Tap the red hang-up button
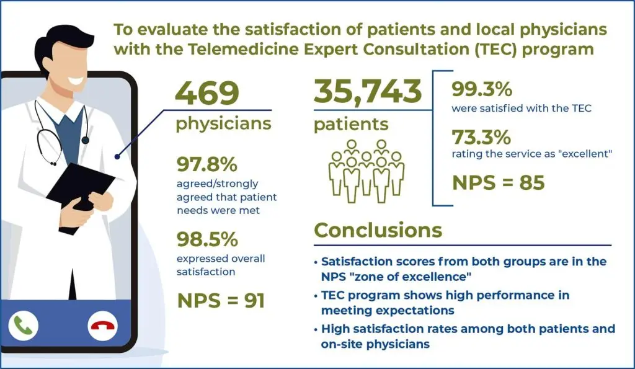click(103, 325)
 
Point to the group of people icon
click(366, 171)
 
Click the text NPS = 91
click(221, 301)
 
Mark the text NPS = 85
click(499, 183)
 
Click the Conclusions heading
click(378, 229)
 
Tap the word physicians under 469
click(223, 123)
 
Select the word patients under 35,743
click(351, 123)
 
